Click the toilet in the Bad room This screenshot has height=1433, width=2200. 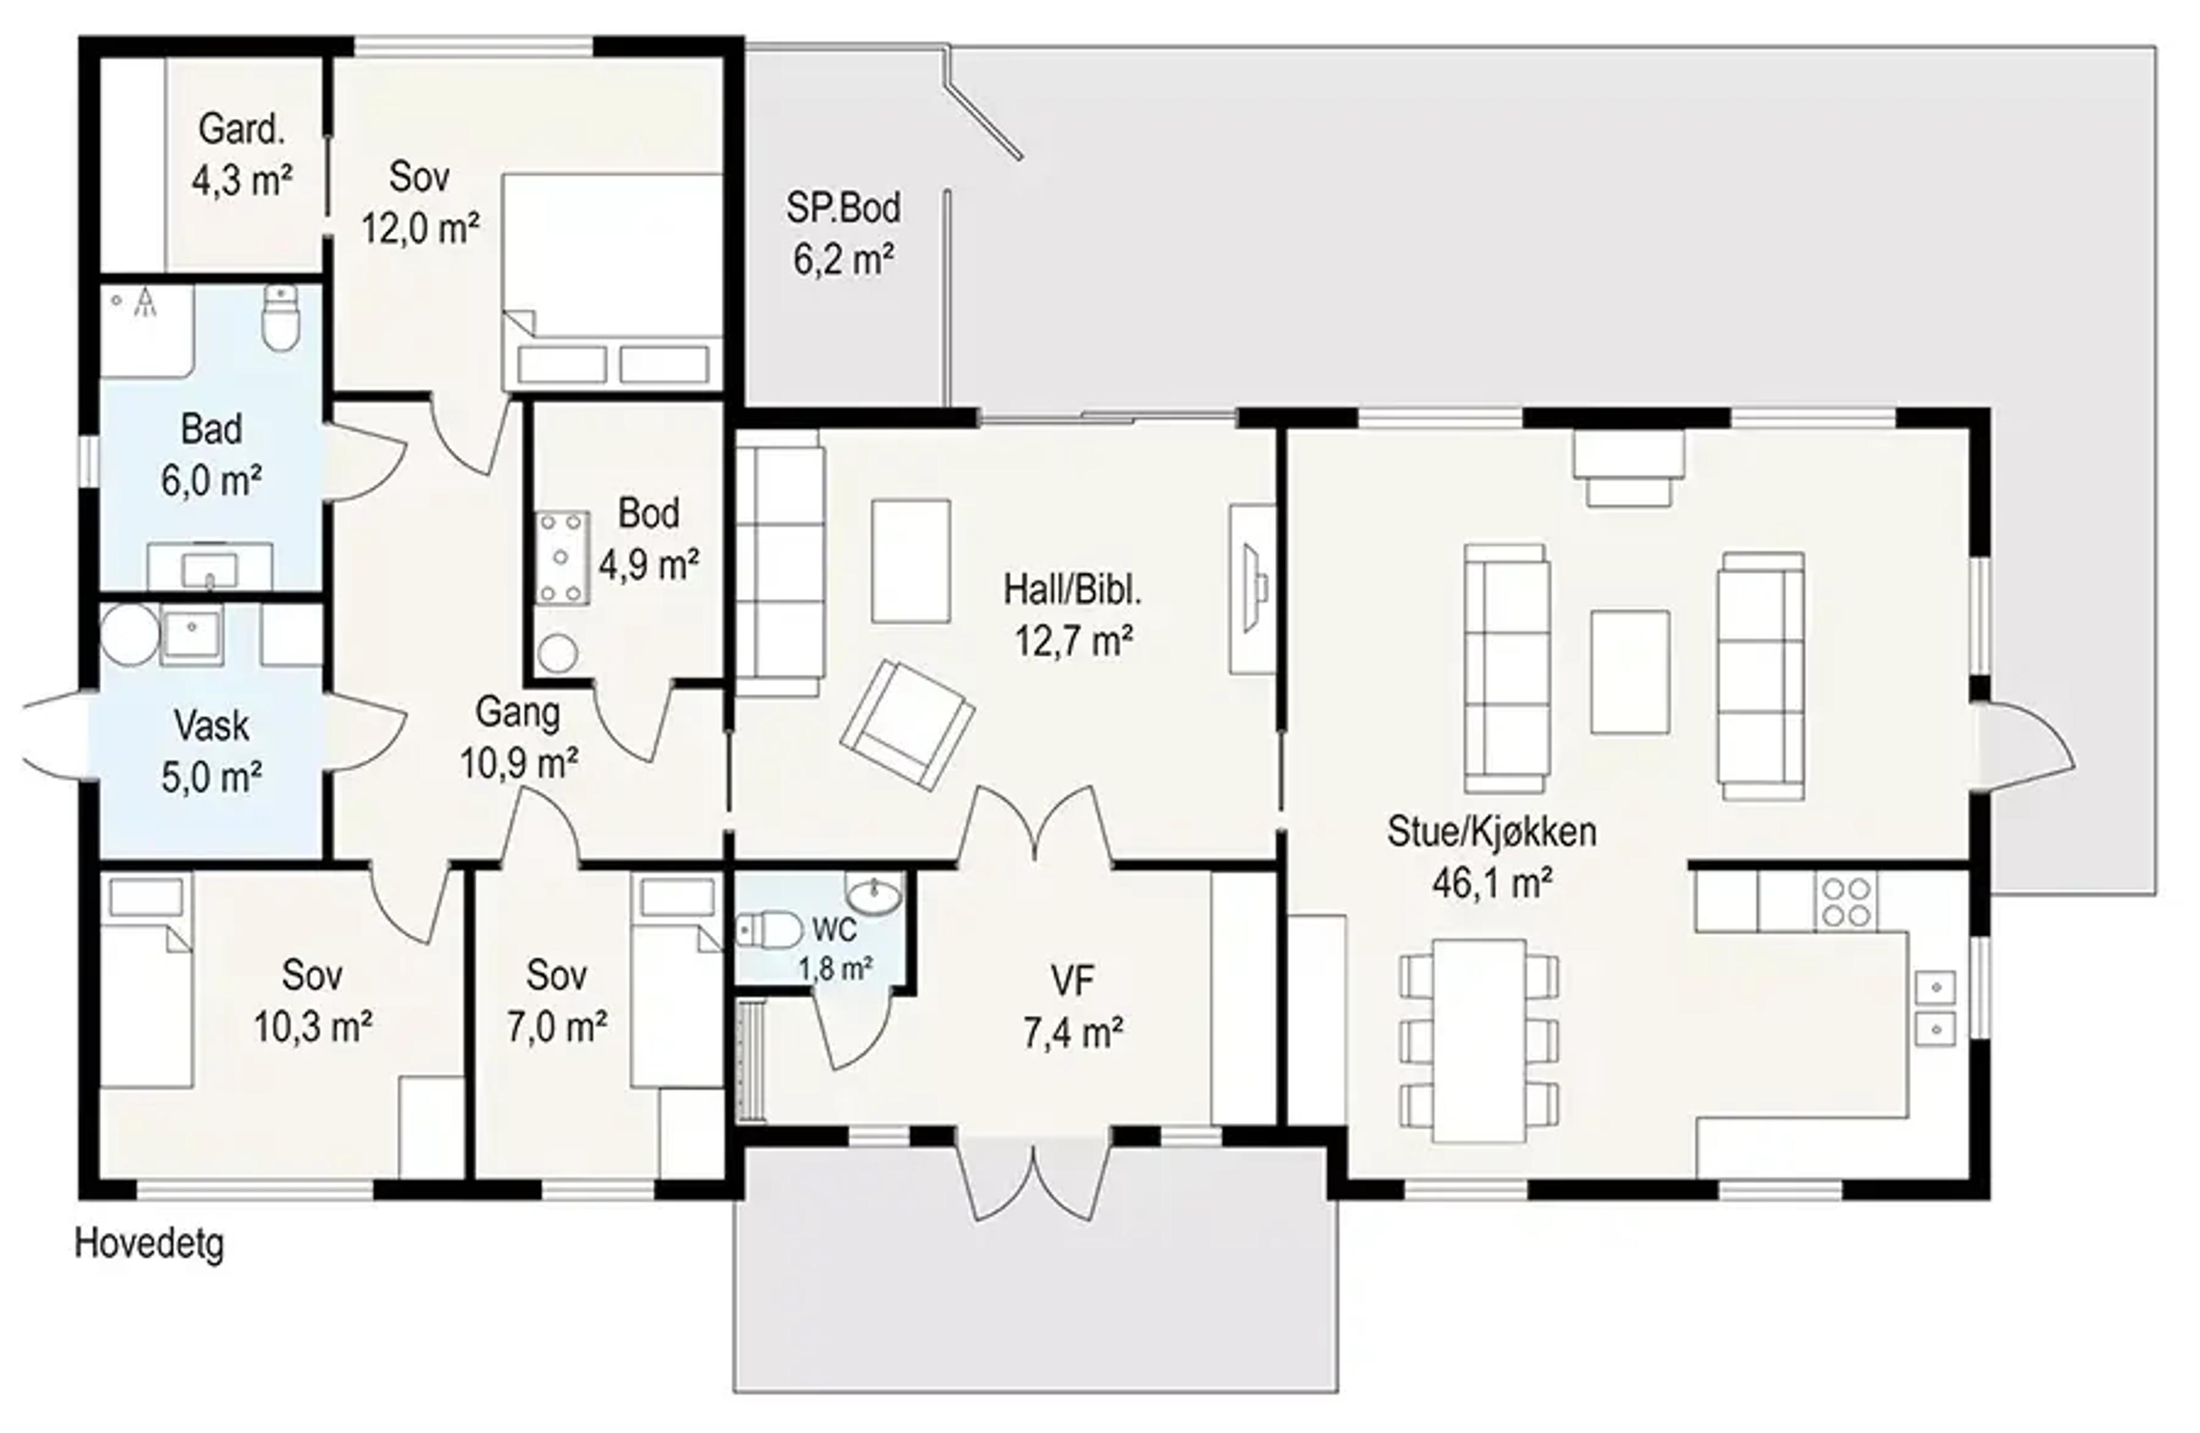tap(281, 317)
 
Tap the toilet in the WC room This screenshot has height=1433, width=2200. tap(769, 930)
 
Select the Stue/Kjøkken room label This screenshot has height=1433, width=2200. tap(1491, 831)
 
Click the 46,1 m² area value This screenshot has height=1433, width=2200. tap(1491, 883)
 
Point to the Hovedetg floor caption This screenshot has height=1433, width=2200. tap(149, 1243)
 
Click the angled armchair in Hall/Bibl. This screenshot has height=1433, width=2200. tap(907, 725)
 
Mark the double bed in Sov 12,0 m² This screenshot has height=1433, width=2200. tap(612, 281)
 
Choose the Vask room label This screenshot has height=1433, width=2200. tap(211, 725)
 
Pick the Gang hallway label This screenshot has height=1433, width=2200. tap(518, 712)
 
